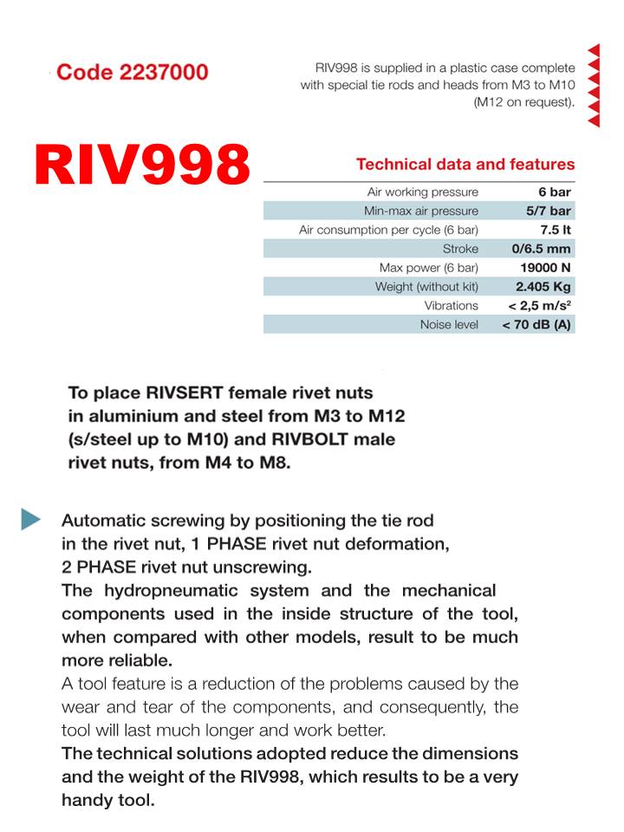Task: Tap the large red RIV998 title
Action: (x=143, y=165)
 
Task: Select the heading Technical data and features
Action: (x=465, y=164)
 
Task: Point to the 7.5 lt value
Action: (x=555, y=230)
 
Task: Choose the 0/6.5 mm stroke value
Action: (x=542, y=249)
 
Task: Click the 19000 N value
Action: (x=545, y=268)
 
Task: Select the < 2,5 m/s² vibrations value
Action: (x=540, y=306)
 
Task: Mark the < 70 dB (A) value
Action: (x=537, y=325)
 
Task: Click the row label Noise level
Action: (x=449, y=325)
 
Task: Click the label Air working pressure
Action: (x=422, y=192)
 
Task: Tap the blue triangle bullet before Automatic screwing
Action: (x=31, y=519)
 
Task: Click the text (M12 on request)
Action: (x=523, y=101)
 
